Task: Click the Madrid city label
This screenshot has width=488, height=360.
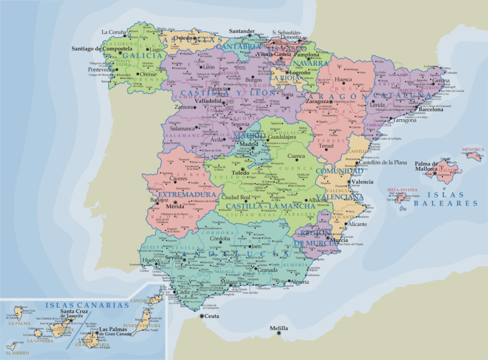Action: (x=248, y=144)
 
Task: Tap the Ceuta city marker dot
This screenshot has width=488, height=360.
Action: (x=202, y=316)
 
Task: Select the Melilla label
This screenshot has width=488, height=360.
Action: (x=279, y=329)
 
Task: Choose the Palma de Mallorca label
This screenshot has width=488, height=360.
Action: (x=426, y=165)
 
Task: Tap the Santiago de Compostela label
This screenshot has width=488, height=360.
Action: (x=102, y=49)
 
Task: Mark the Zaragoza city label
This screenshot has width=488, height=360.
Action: (x=317, y=102)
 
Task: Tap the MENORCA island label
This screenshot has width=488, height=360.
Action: (x=472, y=150)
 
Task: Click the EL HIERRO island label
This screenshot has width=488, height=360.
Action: (x=14, y=353)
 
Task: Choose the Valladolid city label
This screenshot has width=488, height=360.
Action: (x=207, y=101)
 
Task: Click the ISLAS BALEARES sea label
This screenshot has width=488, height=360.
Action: (x=446, y=199)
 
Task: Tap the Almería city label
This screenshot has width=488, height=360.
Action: (x=299, y=282)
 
